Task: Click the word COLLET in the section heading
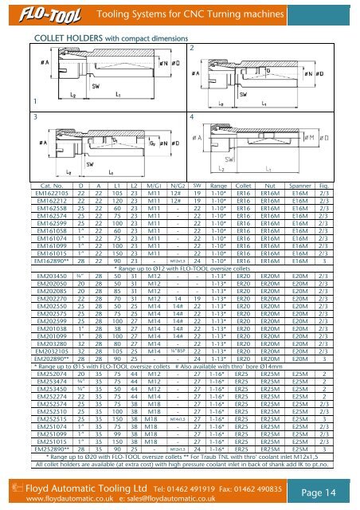[45, 36]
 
